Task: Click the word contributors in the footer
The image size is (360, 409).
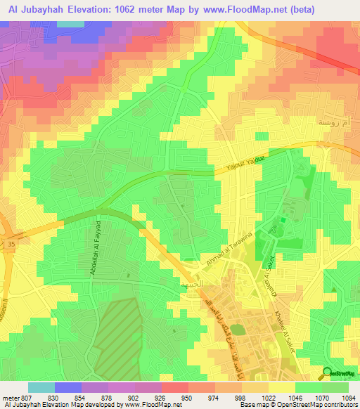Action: [x=339, y=405]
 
